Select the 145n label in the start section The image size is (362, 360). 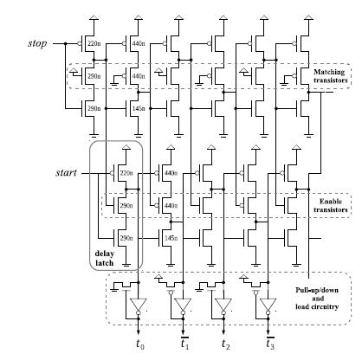(x=170, y=237)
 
